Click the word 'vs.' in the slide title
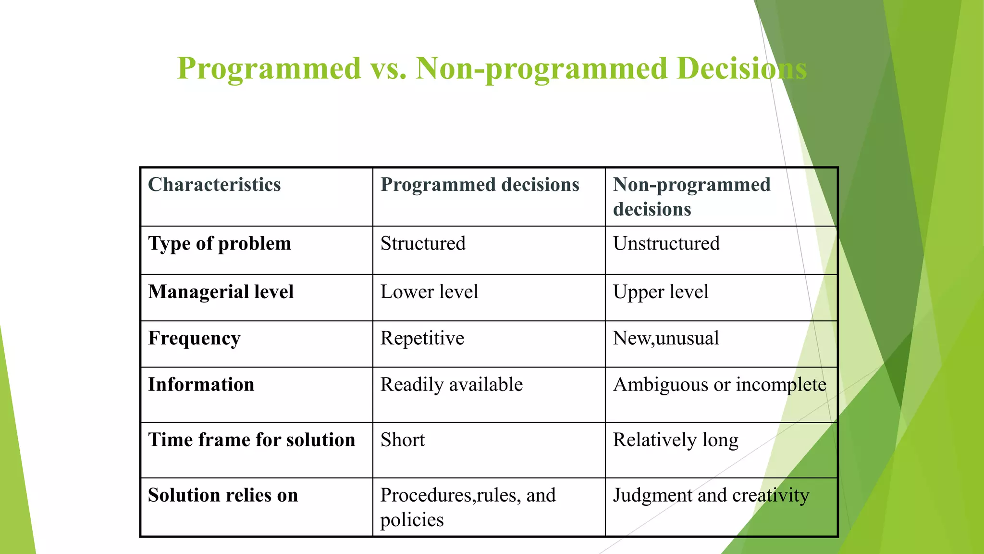pos(388,68)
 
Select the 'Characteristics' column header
pos(214,185)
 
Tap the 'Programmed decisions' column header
pos(480,185)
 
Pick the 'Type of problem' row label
pos(220,244)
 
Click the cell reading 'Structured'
pos(423,244)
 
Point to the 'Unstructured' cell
pos(666,244)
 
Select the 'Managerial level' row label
pos(221,292)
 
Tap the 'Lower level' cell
pos(429,292)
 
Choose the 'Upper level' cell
pos(661,292)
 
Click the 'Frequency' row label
pos(194,339)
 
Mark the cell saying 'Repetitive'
pos(422,339)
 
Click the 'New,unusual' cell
pos(665,339)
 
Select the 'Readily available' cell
pos(451,385)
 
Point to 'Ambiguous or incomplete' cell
pos(719,385)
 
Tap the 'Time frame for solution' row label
pos(251,440)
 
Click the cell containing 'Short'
pos(403,440)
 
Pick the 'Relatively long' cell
pos(675,440)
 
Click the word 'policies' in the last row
pos(412,520)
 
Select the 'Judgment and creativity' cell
pos(711,495)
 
